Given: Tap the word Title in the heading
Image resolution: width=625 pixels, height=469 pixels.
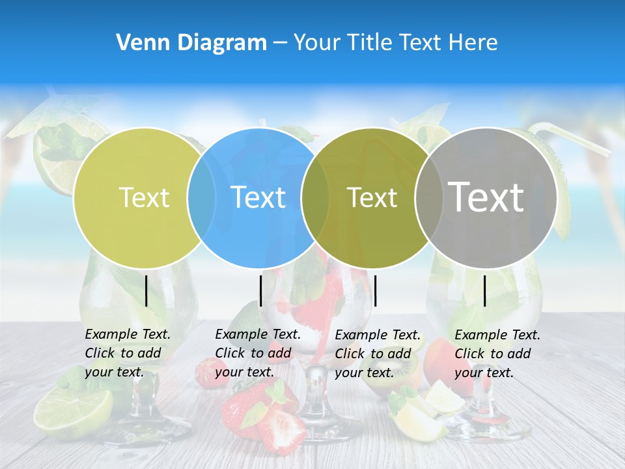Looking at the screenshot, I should pos(369,42).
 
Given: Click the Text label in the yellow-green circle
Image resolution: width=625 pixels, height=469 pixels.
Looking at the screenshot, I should pos(144,197).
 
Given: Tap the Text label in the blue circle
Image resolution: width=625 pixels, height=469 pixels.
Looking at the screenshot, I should pos(258,197).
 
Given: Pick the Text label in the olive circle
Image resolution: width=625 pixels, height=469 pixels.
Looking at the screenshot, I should pos(372,197).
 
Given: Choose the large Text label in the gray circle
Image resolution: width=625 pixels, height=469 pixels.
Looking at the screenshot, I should pos(486,197).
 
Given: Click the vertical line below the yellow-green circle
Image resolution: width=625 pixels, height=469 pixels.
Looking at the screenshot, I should pos(146,291).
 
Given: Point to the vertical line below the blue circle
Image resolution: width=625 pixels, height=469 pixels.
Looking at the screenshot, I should pos(260,291).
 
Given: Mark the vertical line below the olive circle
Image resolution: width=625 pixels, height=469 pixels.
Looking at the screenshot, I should pos(375,291).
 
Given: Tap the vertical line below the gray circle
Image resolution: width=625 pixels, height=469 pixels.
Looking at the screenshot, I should pos(485,291).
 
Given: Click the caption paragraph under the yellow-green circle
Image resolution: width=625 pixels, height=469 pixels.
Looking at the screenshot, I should pos(128,353).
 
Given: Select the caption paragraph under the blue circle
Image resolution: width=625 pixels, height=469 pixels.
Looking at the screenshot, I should pos(258,353).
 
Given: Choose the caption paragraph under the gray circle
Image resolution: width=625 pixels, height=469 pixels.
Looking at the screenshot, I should pos(497,354).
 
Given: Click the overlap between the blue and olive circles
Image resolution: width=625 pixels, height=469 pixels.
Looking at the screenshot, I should pos(315,197).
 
